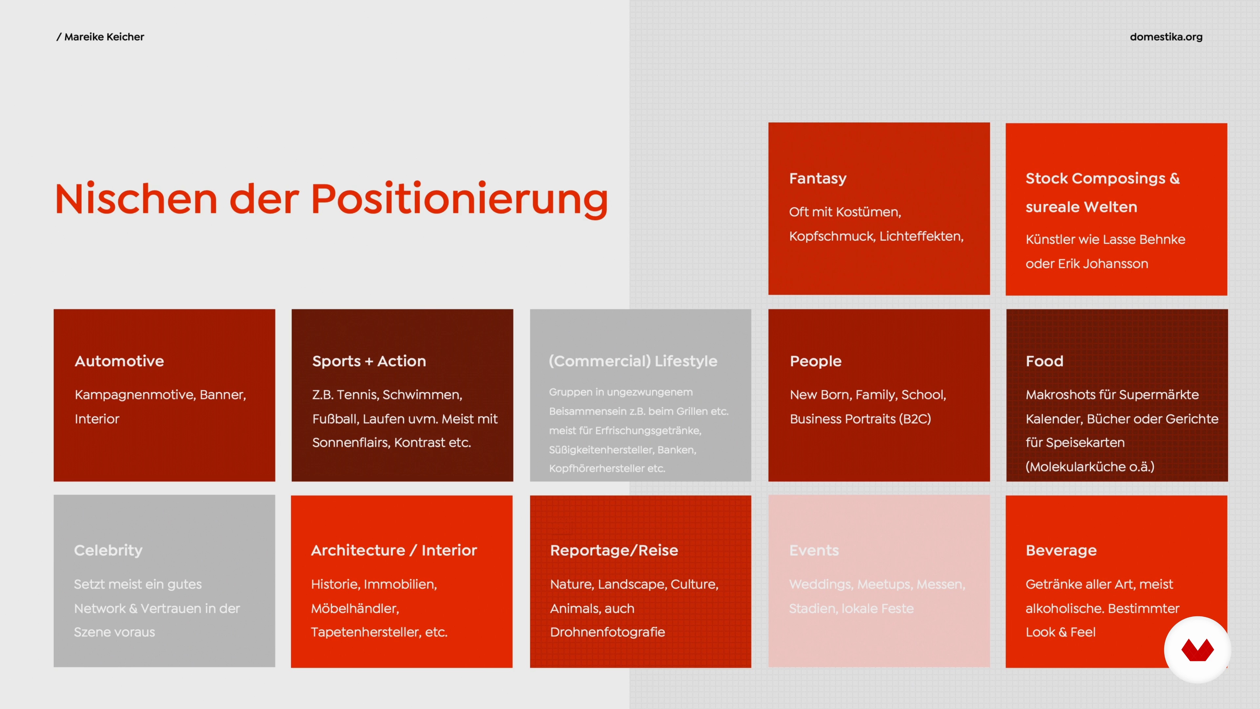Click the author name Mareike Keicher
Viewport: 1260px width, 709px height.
coord(104,37)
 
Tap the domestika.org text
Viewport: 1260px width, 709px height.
coord(1166,37)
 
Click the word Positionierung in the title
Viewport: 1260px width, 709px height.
coord(459,199)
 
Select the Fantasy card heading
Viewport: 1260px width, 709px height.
coord(818,179)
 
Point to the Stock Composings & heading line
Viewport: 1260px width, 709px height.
coord(1102,179)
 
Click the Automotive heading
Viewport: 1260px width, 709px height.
coord(119,361)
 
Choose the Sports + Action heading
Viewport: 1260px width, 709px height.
coord(369,361)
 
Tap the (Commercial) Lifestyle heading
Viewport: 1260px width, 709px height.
coord(633,361)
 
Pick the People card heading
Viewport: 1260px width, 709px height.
coord(816,361)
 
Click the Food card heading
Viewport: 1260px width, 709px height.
coord(1045,361)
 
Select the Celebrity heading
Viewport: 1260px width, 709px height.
coord(108,550)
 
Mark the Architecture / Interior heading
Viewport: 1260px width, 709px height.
coord(394,550)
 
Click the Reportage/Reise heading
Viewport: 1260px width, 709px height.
coord(614,550)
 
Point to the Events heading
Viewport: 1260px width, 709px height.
coord(814,550)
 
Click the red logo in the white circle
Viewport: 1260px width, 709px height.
coord(1197,650)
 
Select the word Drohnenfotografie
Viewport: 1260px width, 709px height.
coord(607,632)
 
